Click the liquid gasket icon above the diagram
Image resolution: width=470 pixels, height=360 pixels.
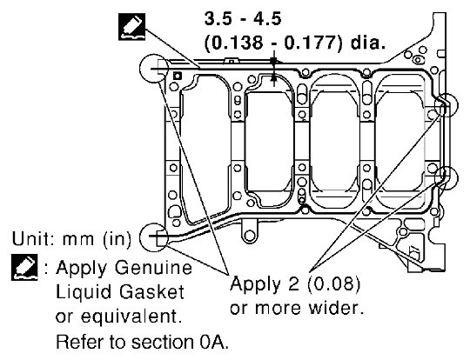click(x=132, y=27)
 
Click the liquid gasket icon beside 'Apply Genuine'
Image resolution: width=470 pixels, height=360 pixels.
click(x=25, y=268)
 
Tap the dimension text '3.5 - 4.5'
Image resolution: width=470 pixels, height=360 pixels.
click(x=243, y=19)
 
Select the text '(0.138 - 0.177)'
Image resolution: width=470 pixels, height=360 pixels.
click(x=272, y=43)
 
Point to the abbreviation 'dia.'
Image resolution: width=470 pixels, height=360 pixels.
click(x=368, y=43)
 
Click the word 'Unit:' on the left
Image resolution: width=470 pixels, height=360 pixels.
click(x=34, y=239)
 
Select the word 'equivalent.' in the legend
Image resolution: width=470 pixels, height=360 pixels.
click(x=131, y=317)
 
